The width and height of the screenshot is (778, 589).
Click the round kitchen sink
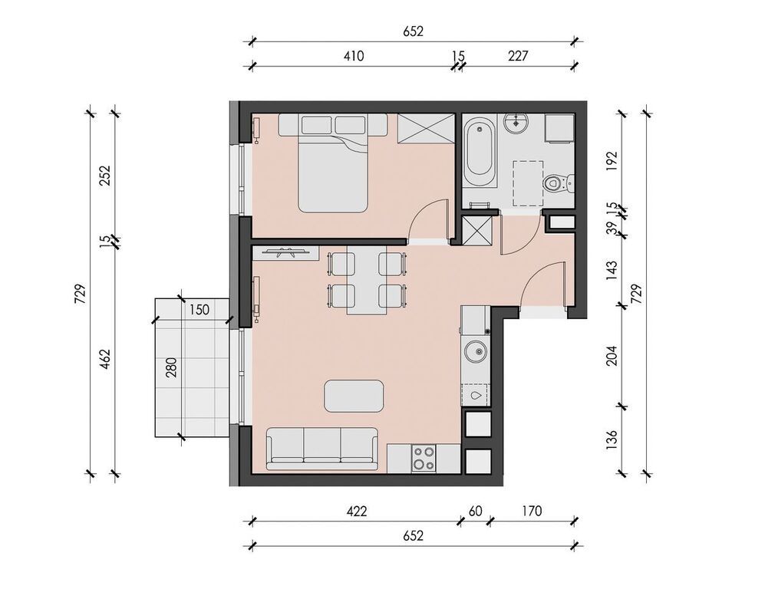pyautogui.click(x=476, y=352)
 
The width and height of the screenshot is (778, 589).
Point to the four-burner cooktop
pyautogui.click(x=424, y=459)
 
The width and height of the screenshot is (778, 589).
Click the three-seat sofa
pyautogui.click(x=321, y=448)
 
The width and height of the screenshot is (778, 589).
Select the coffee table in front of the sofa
pyautogui.click(x=354, y=396)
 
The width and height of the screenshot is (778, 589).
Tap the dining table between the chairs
pyautogui.click(x=368, y=280)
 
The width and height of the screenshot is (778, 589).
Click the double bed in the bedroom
pyautogui.click(x=333, y=163)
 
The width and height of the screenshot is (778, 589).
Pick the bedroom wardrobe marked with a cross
pyautogui.click(x=426, y=129)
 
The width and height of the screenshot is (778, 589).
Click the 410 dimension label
pyautogui.click(x=354, y=56)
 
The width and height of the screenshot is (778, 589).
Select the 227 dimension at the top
pyautogui.click(x=518, y=55)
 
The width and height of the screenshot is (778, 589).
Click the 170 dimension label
pyautogui.click(x=532, y=510)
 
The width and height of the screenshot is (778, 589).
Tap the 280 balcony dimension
pyautogui.click(x=172, y=367)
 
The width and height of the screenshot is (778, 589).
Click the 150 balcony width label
pyautogui.click(x=199, y=310)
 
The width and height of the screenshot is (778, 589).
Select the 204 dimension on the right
pyautogui.click(x=612, y=356)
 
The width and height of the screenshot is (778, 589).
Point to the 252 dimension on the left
pyautogui.click(x=105, y=175)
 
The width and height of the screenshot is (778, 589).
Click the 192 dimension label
pyautogui.click(x=612, y=161)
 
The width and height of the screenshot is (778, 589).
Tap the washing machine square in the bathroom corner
pyautogui.click(x=560, y=128)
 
